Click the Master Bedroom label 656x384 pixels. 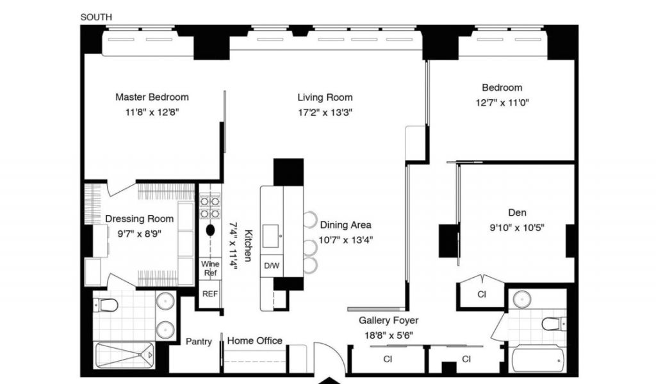point(152,97)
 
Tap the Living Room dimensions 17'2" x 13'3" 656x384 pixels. point(325,113)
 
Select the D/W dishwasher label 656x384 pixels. point(272,266)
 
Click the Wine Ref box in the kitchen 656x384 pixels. point(210,268)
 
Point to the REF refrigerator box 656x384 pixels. point(210,294)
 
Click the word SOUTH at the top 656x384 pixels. point(96,17)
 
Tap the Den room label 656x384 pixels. point(517,212)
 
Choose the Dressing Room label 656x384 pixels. point(139,218)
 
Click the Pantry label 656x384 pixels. point(199,341)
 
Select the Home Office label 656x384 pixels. point(255,340)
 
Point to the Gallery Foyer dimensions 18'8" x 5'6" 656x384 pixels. point(389,335)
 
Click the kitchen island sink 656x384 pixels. point(271,236)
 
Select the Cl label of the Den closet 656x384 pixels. point(482,294)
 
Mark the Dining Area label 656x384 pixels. point(345,225)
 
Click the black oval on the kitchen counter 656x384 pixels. point(210,230)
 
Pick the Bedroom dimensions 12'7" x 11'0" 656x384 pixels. point(502,103)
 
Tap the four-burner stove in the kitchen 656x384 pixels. point(209,207)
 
